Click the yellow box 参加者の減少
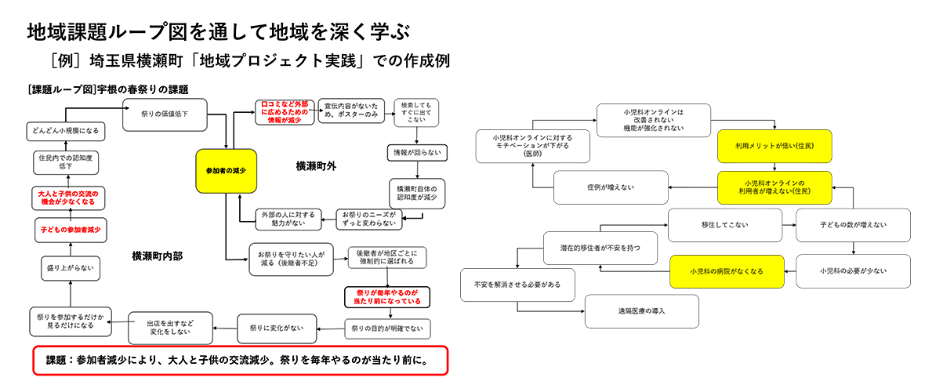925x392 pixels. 227,171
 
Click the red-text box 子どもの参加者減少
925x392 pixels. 70,230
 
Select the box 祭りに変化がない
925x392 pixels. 270,327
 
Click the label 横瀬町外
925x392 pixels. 316,165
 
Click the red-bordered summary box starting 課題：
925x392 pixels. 239,361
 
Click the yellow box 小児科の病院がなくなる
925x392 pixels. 726,271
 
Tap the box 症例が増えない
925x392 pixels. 610,187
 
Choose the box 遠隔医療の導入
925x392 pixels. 641,311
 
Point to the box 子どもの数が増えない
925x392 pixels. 852,225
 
